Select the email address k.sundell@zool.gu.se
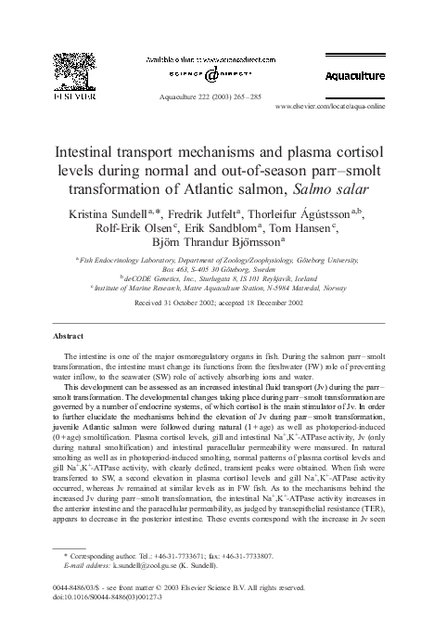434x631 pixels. [x=134, y=565]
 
